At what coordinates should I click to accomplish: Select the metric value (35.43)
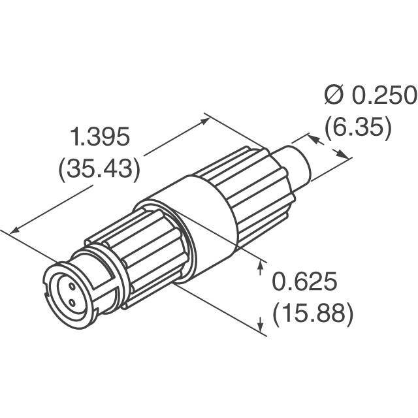99,169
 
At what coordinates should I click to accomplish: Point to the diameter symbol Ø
333,96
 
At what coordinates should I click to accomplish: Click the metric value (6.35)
357,127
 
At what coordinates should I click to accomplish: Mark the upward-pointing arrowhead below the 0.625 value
262,323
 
